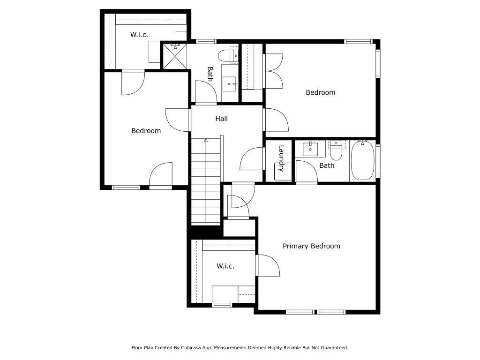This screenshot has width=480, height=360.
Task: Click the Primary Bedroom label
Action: [311, 246]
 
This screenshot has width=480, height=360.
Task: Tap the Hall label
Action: [221, 119]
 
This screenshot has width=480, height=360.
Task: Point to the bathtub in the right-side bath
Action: [362, 160]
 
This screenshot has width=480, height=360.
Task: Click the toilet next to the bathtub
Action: [336, 150]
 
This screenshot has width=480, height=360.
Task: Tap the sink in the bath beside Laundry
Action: [310, 149]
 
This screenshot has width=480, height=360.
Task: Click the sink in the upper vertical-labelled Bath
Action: [229, 84]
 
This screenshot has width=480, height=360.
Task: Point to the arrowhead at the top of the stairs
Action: [205, 140]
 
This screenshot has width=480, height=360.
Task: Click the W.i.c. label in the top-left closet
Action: [139, 35]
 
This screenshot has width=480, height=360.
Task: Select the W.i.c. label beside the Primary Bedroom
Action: [225, 266]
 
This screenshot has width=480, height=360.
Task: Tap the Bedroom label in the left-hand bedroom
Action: [146, 131]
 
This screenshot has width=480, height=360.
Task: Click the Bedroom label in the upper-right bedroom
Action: [321, 92]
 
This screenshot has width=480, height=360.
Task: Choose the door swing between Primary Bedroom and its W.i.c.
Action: [268, 265]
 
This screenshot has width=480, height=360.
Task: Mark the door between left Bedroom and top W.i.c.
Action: [133, 83]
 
